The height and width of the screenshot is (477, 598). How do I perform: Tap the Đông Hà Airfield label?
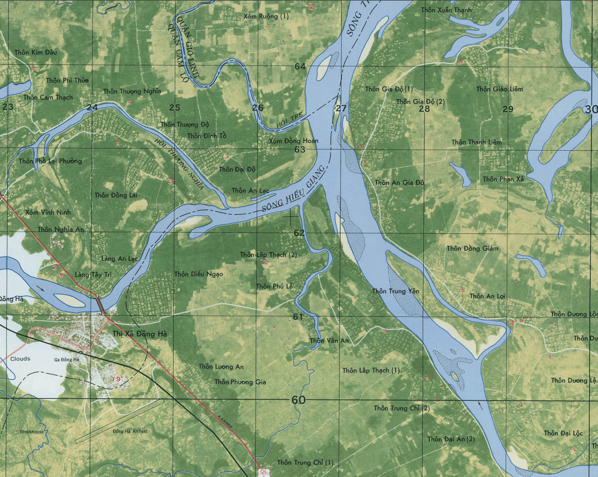[x=130, y=431]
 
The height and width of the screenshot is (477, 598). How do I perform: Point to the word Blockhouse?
[x=31, y=431]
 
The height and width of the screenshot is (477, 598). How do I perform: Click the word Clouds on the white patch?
[x=20, y=359]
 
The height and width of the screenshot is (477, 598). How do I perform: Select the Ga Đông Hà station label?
[x=67, y=359]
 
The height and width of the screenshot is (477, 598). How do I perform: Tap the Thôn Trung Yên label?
[x=396, y=291]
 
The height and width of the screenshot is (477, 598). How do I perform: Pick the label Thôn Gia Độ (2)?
[x=420, y=101]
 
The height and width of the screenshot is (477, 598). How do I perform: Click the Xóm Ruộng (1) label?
[x=265, y=17]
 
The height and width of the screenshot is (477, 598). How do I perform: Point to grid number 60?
[x=298, y=401]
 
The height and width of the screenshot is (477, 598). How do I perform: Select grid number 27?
[x=341, y=108]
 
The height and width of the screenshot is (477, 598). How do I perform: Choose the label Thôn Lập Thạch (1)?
[x=371, y=370]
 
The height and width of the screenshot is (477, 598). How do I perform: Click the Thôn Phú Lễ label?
[x=274, y=286]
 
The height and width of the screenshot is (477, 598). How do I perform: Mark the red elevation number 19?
[x=116, y=379]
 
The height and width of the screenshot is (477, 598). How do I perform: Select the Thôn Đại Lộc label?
[x=563, y=434]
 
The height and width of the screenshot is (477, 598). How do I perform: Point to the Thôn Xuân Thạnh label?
[x=446, y=10]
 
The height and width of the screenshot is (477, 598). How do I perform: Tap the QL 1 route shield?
[x=264, y=472]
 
